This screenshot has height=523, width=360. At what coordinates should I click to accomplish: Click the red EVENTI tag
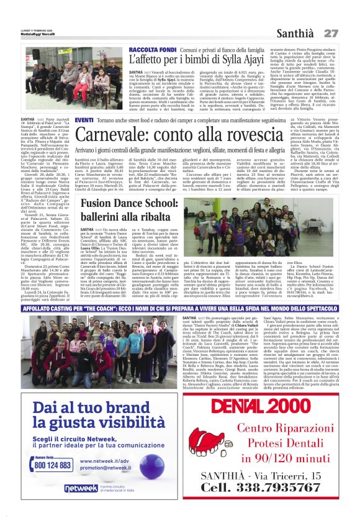(84, 119)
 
